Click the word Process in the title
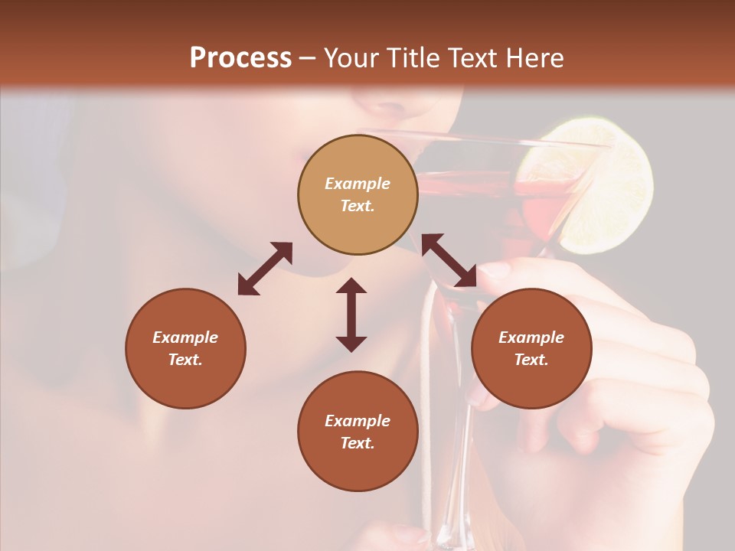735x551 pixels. (x=240, y=58)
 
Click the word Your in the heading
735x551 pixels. (x=351, y=58)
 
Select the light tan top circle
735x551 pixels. (x=358, y=194)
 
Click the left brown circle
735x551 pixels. (x=185, y=348)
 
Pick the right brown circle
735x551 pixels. (x=531, y=348)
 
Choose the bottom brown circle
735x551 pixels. (x=358, y=431)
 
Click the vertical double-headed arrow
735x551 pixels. (x=351, y=315)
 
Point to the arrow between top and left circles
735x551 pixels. (x=265, y=269)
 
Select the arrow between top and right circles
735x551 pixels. (x=449, y=260)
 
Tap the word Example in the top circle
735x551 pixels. (x=358, y=184)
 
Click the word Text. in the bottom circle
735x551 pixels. (x=358, y=443)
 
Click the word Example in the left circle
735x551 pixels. (x=185, y=337)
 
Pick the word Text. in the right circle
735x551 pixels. (x=531, y=360)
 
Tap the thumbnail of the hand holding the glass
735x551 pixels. (x=495, y=270)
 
